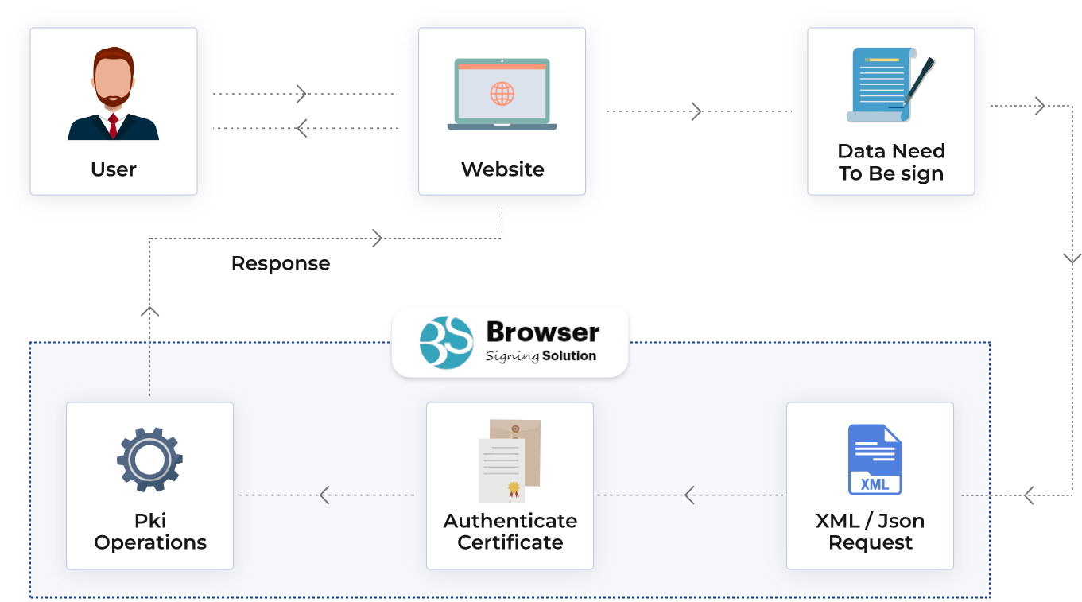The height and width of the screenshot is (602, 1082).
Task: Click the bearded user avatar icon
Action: [x=113, y=93]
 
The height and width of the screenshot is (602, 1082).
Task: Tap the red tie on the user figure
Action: [x=114, y=126]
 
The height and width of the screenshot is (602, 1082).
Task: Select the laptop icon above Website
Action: [x=502, y=94]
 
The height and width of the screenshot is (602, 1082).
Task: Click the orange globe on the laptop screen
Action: [x=502, y=94]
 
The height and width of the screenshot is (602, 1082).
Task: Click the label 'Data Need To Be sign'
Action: [x=890, y=162]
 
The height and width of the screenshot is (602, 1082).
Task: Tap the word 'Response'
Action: [x=280, y=263]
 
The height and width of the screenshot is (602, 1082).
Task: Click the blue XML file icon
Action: [x=875, y=460]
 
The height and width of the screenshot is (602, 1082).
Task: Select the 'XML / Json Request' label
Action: [x=870, y=532]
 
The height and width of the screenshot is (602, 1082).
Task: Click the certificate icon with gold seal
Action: [x=509, y=460]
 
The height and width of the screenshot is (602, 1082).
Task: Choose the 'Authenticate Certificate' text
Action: [x=510, y=532]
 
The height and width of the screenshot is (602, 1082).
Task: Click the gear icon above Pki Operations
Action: [x=149, y=460]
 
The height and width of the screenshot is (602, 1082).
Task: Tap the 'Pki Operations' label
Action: [x=149, y=532]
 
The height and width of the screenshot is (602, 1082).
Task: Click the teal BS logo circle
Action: [x=446, y=342]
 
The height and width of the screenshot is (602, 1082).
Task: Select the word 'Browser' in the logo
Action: [x=543, y=332]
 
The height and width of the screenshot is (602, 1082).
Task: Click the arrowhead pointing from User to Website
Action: [x=302, y=94]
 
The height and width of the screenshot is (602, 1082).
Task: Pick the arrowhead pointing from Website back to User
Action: [x=301, y=127]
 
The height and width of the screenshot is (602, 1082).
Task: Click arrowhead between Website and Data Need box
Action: [x=697, y=111]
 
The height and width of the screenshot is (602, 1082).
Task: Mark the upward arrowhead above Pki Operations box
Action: [x=149, y=311]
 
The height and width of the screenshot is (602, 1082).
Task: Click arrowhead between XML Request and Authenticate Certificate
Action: [x=689, y=495]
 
